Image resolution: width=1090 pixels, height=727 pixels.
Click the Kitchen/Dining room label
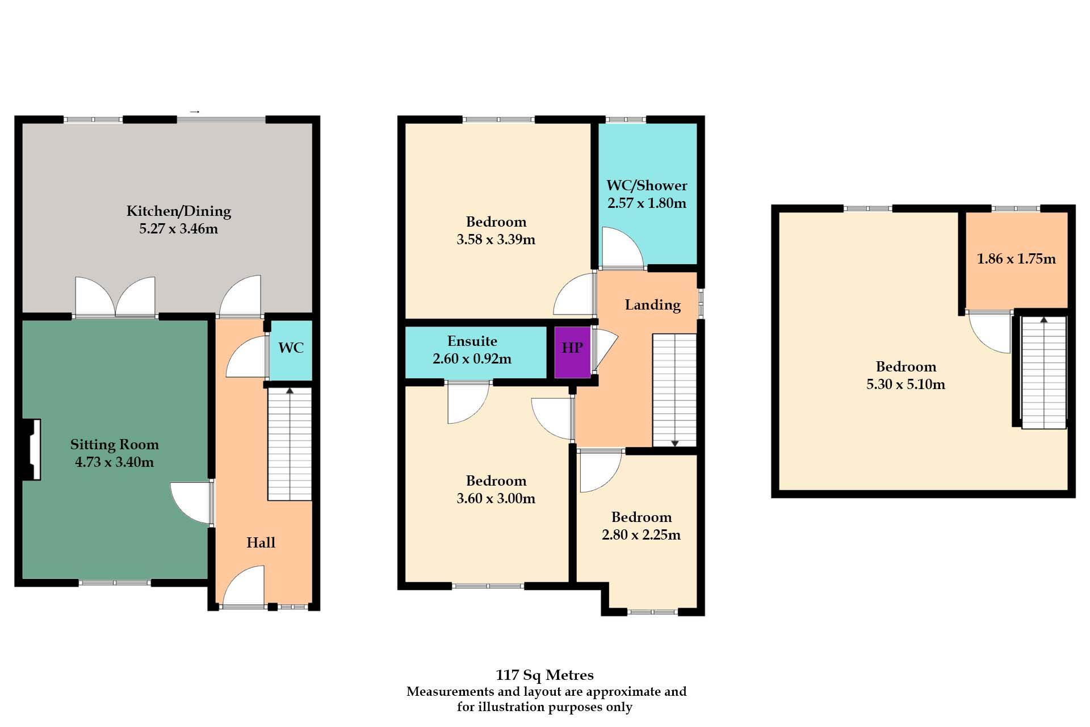(x=178, y=211)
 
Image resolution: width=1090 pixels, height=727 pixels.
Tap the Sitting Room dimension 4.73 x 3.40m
(x=114, y=462)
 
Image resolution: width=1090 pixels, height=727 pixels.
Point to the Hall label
(x=261, y=542)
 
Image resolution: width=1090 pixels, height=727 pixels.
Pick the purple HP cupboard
(x=572, y=352)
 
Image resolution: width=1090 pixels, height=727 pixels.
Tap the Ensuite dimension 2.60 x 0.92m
(x=472, y=359)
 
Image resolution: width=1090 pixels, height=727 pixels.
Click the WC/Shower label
(x=647, y=186)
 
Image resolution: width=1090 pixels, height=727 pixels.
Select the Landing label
(x=652, y=305)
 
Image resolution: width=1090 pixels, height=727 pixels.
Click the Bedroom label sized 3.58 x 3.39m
(x=496, y=222)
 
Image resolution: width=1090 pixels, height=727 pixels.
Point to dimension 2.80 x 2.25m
(x=641, y=535)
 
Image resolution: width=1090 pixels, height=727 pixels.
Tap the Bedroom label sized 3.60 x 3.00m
(x=496, y=481)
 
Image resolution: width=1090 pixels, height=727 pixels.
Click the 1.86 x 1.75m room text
(x=1016, y=259)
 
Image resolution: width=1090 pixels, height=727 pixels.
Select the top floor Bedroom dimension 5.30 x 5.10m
(x=905, y=385)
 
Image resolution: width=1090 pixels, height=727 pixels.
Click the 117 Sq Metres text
(x=544, y=675)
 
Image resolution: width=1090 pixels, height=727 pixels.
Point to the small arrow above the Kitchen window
(x=195, y=112)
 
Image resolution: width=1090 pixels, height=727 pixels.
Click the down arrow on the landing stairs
(x=675, y=442)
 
